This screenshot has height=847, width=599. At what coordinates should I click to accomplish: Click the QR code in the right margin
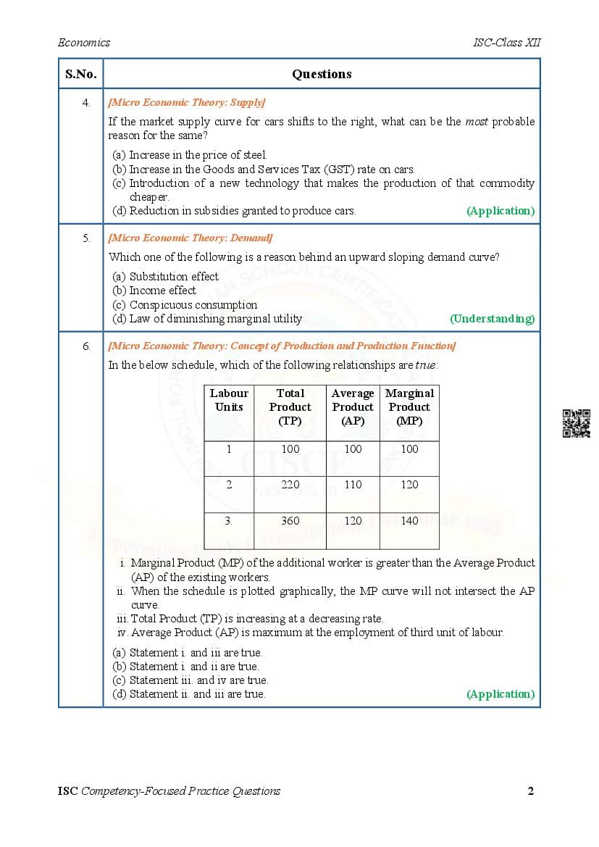pyautogui.click(x=576, y=423)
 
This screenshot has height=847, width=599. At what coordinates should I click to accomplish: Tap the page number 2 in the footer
pyautogui.click(x=531, y=790)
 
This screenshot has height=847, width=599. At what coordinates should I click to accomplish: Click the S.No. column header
pyautogui.click(x=80, y=74)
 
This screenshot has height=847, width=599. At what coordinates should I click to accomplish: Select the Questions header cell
pyautogui.click(x=322, y=74)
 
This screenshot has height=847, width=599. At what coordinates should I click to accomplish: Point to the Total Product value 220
pyautogui.click(x=290, y=485)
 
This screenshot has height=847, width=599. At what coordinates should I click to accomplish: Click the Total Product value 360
pyautogui.click(x=290, y=520)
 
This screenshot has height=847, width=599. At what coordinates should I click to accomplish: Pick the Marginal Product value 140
pyautogui.click(x=409, y=520)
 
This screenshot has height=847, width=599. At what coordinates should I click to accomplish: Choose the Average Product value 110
pyautogui.click(x=353, y=485)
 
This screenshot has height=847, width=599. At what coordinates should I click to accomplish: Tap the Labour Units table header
pyautogui.click(x=229, y=400)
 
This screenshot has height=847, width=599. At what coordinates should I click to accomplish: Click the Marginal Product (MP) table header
pyautogui.click(x=409, y=406)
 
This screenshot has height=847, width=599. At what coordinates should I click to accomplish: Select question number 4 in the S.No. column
pyautogui.click(x=86, y=103)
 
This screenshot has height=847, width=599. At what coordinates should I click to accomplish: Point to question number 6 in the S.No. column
pyautogui.click(x=86, y=346)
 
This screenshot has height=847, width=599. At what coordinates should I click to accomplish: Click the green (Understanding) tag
pyautogui.click(x=492, y=319)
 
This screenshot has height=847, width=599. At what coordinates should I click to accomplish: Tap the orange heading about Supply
pyautogui.click(x=186, y=102)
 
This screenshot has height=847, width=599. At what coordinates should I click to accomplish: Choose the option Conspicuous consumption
pyautogui.click(x=193, y=305)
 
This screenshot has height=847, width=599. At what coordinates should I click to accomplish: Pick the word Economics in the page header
pyautogui.click(x=84, y=43)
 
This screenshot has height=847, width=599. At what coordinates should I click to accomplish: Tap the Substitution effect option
pyautogui.click(x=174, y=277)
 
